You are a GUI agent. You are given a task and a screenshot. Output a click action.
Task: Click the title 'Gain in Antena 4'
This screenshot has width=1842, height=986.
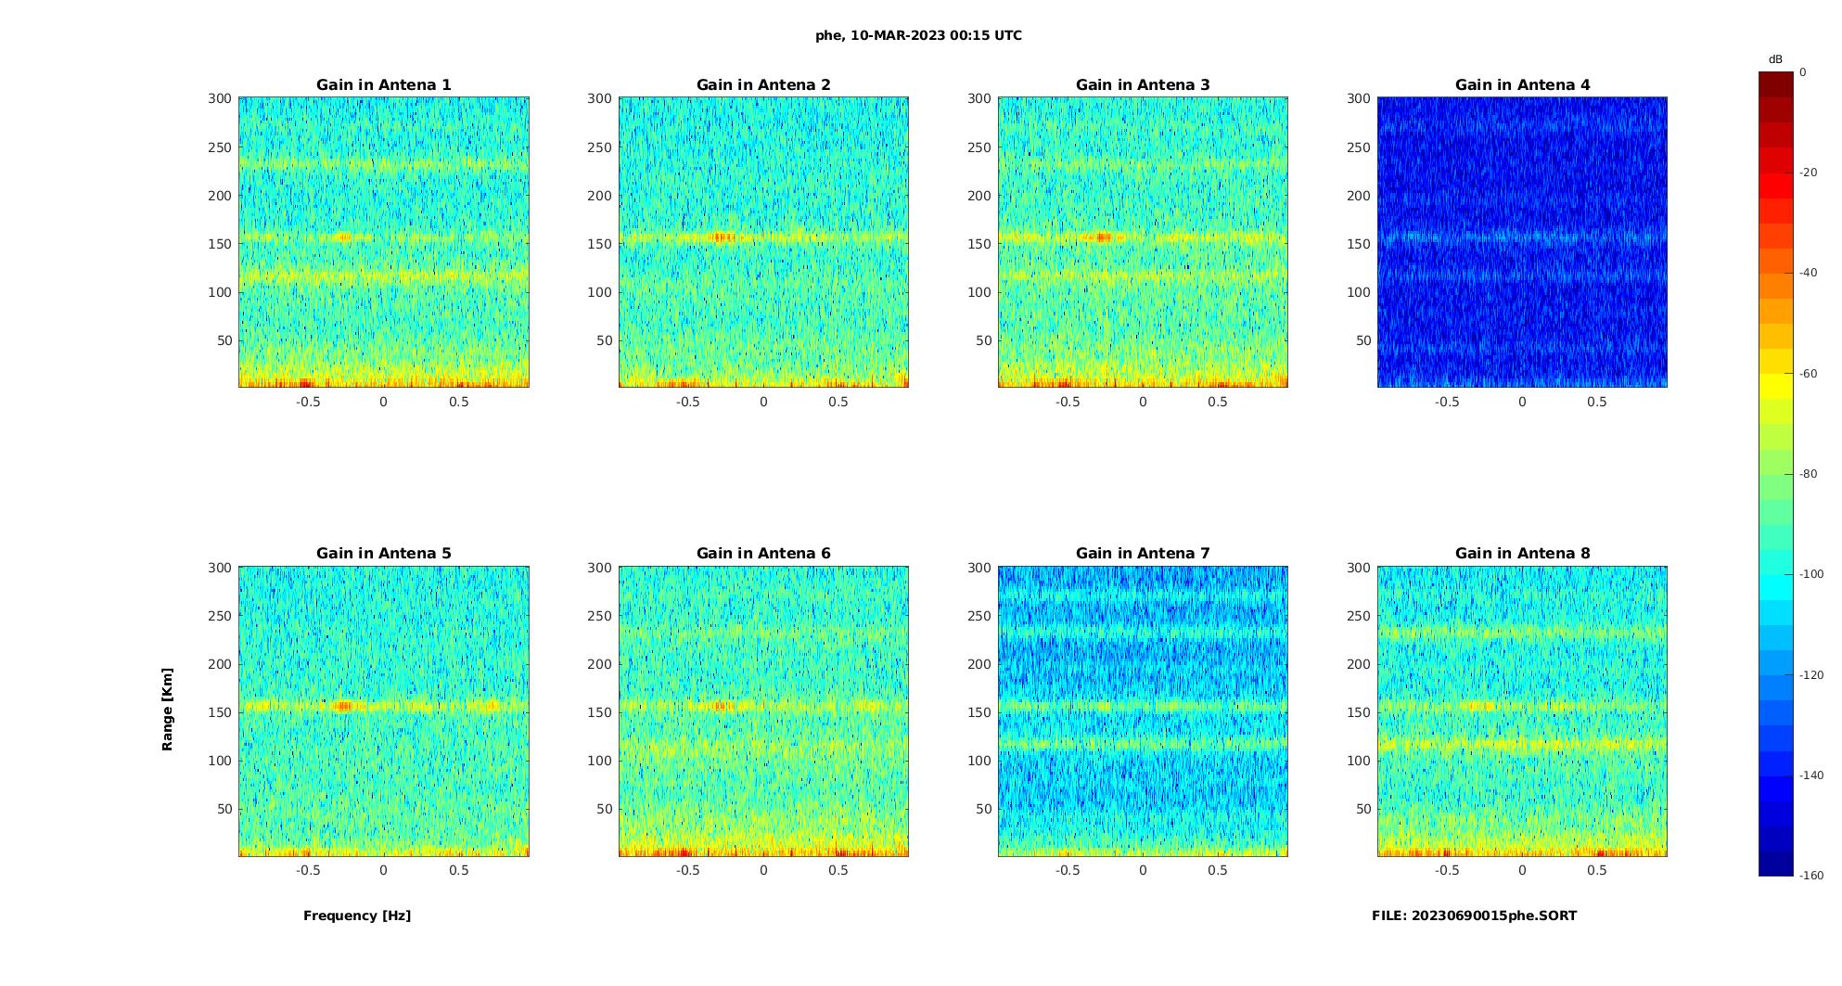[x=1522, y=84]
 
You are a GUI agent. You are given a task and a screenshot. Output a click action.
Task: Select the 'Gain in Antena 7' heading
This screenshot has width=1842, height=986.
[x=1143, y=553]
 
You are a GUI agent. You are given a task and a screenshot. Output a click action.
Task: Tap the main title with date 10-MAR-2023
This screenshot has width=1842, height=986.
[x=918, y=35]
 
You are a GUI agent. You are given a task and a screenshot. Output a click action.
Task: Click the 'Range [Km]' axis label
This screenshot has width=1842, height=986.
[x=167, y=709]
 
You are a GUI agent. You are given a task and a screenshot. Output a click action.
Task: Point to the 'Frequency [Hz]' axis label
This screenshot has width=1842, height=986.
[x=357, y=916]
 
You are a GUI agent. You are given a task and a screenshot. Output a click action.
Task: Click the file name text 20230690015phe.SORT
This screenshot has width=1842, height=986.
[x=1474, y=916]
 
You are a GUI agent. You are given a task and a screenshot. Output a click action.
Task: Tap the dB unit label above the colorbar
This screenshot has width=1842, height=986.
[x=1775, y=59]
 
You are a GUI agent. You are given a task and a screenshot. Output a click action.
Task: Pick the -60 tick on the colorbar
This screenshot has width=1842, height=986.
[x=1809, y=374]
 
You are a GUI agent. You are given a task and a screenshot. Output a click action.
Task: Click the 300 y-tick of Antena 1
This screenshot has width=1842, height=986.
[x=219, y=98]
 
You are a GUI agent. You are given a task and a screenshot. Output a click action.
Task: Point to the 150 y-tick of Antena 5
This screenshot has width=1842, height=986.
[x=219, y=712]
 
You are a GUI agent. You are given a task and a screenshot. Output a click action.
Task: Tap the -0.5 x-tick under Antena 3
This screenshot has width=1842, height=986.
[x=1067, y=402]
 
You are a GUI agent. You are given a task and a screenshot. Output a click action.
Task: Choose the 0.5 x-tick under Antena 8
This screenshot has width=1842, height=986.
[x=1597, y=870]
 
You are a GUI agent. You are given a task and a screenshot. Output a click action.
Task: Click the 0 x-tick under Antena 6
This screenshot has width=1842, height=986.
[x=763, y=870]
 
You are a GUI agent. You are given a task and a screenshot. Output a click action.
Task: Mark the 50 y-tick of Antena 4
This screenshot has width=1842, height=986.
[x=1363, y=340]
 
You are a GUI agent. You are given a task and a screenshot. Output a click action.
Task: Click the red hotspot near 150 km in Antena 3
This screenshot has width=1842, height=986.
[x=1103, y=237]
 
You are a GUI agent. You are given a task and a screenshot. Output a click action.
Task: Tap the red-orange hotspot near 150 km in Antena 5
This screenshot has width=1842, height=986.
[x=343, y=706]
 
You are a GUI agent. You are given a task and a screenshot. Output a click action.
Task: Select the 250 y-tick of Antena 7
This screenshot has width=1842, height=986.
[x=979, y=616]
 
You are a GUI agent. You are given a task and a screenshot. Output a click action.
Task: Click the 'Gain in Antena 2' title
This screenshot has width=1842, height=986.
[x=763, y=84]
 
